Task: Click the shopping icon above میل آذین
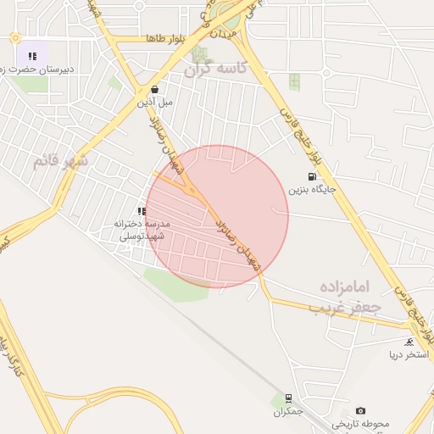154,88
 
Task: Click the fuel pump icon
313,177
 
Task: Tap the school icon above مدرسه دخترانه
142,211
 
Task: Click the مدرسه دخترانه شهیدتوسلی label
142,230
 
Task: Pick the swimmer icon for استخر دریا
410,342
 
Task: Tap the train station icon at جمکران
289,398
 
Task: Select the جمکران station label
289,411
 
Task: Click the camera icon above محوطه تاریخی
361,410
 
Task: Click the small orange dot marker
14,38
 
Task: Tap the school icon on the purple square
32,56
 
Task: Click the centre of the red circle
217,216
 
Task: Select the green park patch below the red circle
176,284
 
